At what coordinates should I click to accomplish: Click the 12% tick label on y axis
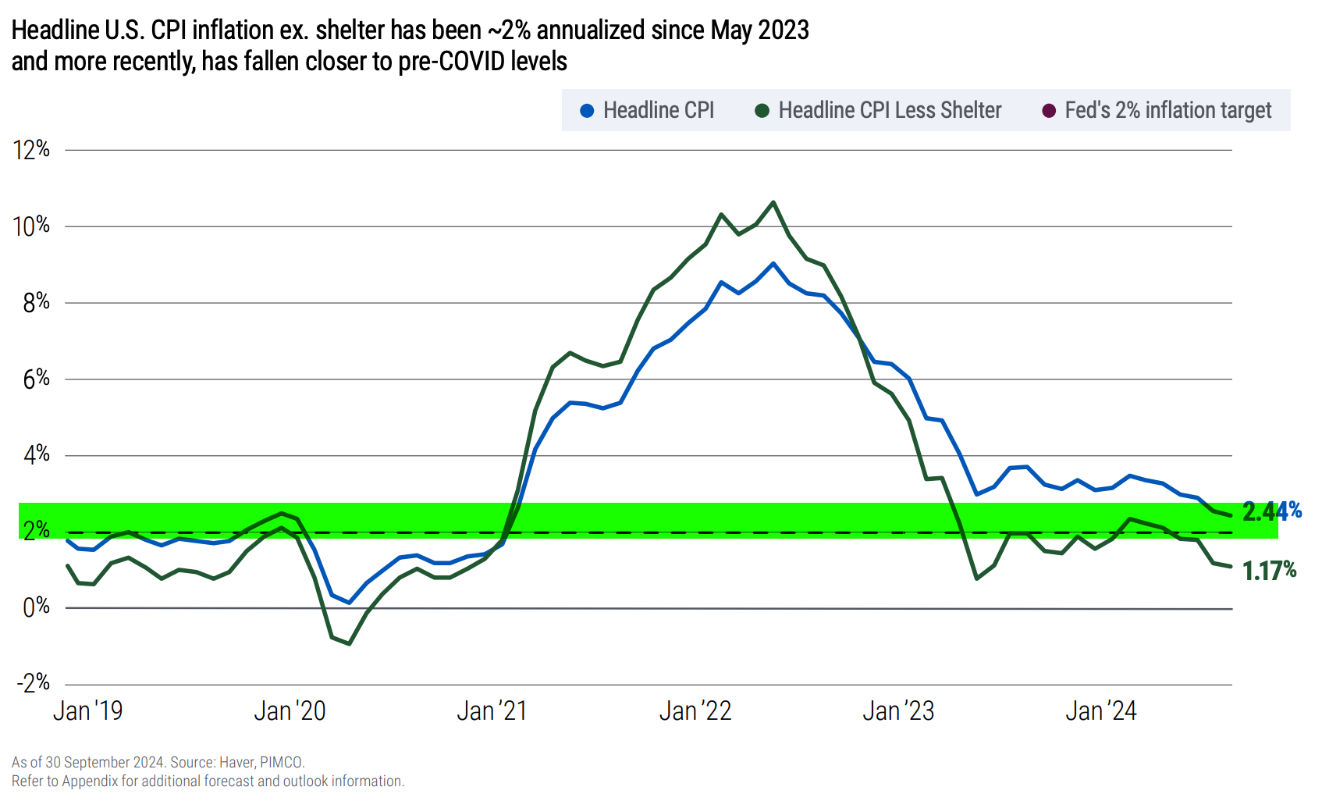(x=31, y=149)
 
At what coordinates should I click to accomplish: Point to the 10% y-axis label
(x=31, y=226)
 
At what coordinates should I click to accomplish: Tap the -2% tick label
(x=34, y=683)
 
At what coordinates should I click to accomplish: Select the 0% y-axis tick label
(x=36, y=607)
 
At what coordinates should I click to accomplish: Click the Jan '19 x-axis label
(x=87, y=710)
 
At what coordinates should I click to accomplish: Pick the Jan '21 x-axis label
(x=492, y=710)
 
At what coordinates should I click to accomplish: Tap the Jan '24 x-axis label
(x=1100, y=710)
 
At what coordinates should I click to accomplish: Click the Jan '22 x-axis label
(x=695, y=710)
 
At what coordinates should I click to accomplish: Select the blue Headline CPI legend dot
(x=588, y=111)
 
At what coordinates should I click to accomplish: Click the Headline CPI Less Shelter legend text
(x=890, y=110)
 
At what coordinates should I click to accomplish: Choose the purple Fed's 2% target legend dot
(x=1049, y=111)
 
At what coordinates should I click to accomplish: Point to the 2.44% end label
(x=1271, y=511)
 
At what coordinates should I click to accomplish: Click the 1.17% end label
(x=1269, y=571)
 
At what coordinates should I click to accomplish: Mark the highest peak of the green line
(x=773, y=203)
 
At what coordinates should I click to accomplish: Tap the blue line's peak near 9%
(x=773, y=264)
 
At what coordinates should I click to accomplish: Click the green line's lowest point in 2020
(x=349, y=644)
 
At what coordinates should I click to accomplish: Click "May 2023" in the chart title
(x=759, y=30)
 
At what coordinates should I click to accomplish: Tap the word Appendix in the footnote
(x=88, y=781)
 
